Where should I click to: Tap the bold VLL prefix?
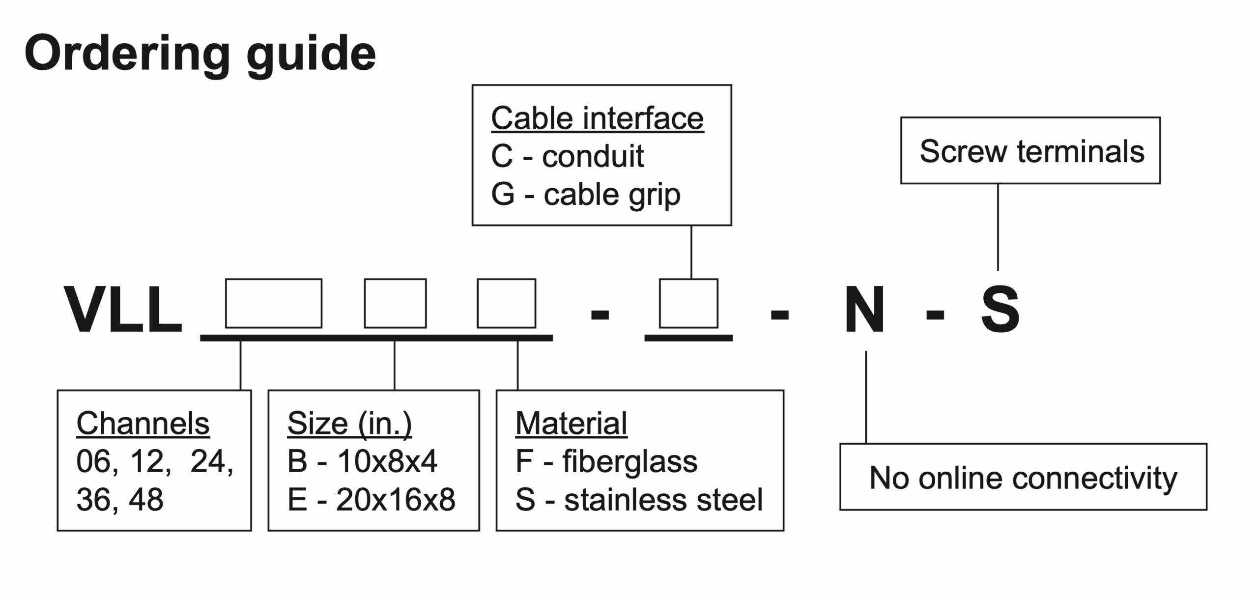click(123, 310)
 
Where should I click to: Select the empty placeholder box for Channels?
click(274, 303)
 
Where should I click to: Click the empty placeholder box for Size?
click(395, 303)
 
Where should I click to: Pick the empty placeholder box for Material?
click(506, 303)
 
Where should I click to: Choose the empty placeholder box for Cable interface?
click(688, 303)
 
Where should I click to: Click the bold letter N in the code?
click(864, 310)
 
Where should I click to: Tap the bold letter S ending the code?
click(1000, 310)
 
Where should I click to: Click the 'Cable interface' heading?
click(597, 118)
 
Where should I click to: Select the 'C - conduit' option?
click(567, 156)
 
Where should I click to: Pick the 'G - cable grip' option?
click(585, 195)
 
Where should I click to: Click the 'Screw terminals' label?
click(1032, 151)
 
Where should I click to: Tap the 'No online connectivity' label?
click(1023, 478)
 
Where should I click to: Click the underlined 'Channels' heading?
click(143, 423)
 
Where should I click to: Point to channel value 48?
click(146, 500)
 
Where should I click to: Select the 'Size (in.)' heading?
click(349, 423)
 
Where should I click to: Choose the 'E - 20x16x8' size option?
click(371, 500)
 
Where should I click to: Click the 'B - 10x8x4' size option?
click(362, 461)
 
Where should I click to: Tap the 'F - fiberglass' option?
click(606, 461)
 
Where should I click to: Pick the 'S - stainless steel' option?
click(639, 500)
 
